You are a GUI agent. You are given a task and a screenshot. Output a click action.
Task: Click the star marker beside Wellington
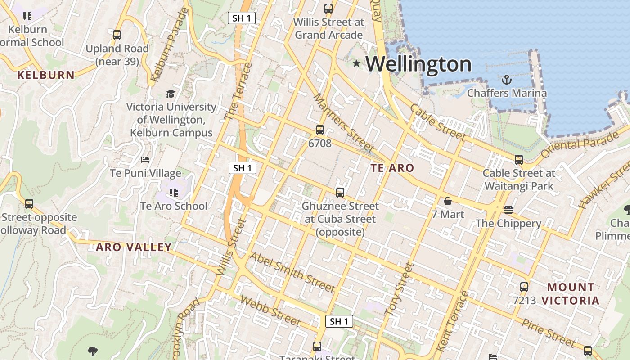pyautogui.click(x=356, y=63)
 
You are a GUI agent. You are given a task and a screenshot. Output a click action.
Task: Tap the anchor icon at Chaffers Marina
pyautogui.click(x=507, y=80)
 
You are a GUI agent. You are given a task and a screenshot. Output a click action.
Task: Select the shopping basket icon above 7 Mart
pyautogui.click(x=448, y=201)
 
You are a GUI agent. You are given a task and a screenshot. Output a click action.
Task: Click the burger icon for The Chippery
pyautogui.click(x=508, y=210)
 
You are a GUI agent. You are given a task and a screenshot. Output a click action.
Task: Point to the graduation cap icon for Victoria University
pyautogui.click(x=171, y=94)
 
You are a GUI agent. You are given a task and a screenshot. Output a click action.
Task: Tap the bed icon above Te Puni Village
pyautogui.click(x=145, y=160)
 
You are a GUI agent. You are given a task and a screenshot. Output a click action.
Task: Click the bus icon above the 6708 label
pyautogui.click(x=320, y=130)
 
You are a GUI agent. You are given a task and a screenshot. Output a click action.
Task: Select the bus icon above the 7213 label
pyautogui.click(x=524, y=287)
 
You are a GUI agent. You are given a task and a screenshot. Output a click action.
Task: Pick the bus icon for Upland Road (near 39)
pyautogui.click(x=117, y=35)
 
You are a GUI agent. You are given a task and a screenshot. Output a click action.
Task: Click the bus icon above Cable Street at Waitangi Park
pyautogui.click(x=519, y=159)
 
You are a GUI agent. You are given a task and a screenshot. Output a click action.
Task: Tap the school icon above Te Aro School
pyautogui.click(x=174, y=193)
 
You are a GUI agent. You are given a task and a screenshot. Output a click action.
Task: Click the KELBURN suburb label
pyautogui.click(x=46, y=75)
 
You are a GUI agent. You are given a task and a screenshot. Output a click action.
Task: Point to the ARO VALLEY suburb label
pyautogui.click(x=134, y=247)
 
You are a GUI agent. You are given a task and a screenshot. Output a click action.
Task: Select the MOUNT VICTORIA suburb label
pyautogui.click(x=571, y=294)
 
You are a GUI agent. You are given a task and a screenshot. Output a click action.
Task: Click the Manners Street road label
pyautogui.click(x=344, y=123)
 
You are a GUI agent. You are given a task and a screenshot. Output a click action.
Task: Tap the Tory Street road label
pyautogui.click(x=400, y=288)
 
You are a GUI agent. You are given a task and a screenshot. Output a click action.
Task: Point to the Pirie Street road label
pyautogui.click(x=549, y=333)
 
